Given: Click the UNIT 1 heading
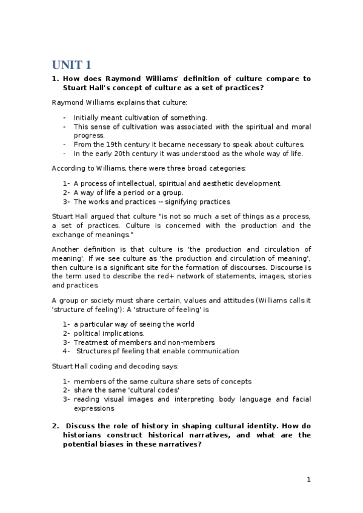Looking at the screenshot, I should click(72, 65).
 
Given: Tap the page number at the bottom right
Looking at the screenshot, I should click(308, 480).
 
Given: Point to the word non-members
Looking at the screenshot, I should click(178, 342).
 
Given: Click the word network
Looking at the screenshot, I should click(211, 276).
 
